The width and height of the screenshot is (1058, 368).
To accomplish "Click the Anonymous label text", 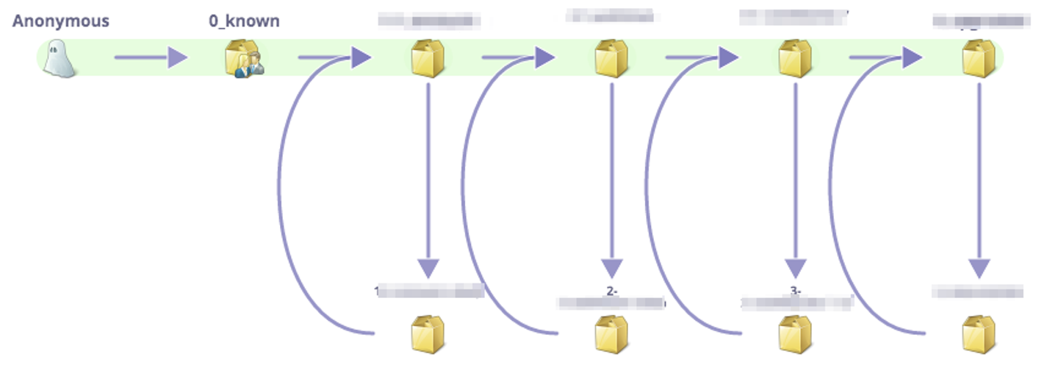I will (60, 21).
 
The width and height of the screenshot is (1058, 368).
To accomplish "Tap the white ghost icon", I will (60, 59).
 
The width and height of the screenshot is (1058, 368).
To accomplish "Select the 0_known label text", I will (244, 21).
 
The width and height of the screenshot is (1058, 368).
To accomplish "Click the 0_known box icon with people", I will (244, 59).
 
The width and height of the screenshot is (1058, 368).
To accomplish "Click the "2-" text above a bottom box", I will (611, 291).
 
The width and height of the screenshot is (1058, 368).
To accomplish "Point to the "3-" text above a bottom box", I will (795, 291).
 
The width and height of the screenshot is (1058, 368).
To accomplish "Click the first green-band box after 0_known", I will (428, 59).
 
